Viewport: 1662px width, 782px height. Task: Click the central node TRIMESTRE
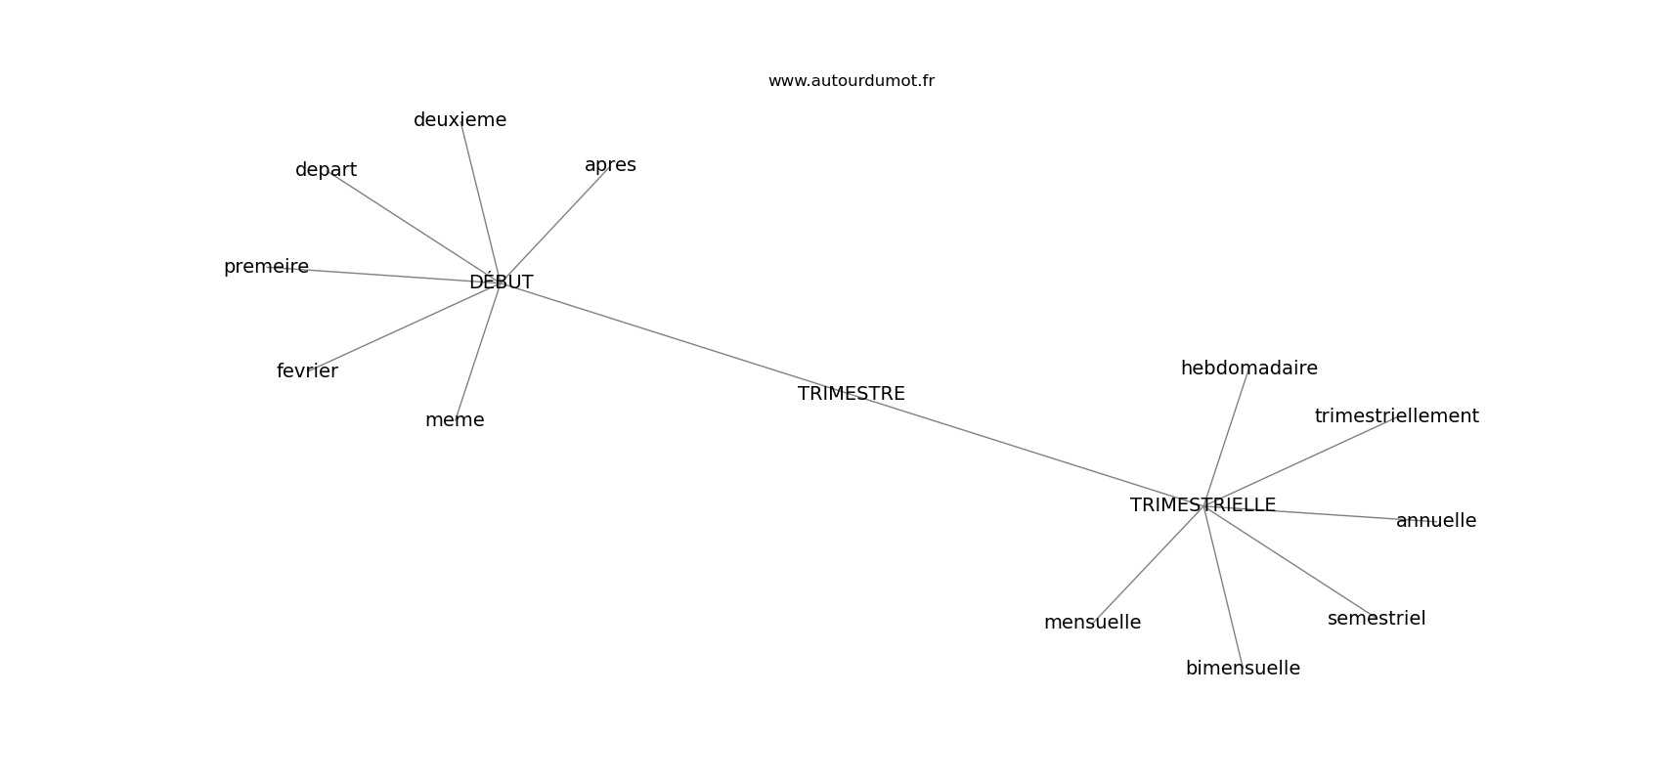[x=851, y=394]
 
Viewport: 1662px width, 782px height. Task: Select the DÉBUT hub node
[x=501, y=282]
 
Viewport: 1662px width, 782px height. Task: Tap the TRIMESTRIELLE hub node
[x=1203, y=505]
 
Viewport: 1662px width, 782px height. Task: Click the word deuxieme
[x=459, y=120]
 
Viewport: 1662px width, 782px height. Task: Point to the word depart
[x=326, y=170]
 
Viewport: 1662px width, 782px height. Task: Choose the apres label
[x=610, y=165]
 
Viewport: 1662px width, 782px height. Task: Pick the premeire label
[x=266, y=267]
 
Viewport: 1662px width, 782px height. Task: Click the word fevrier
[x=307, y=371]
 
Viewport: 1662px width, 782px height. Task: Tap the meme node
[x=455, y=420]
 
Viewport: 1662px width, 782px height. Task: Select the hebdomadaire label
[x=1248, y=369]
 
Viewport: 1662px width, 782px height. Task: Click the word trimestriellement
[x=1396, y=416]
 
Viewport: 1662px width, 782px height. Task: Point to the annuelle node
[x=1435, y=521]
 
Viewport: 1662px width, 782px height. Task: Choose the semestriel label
[x=1376, y=619]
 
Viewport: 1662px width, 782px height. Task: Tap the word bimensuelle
[x=1243, y=669]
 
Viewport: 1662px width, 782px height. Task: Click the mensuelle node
[x=1092, y=623]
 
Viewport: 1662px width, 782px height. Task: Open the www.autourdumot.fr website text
[x=851, y=81]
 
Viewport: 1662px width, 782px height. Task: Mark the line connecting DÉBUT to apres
[x=555, y=224]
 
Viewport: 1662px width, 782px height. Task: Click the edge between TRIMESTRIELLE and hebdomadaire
[x=1226, y=437]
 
